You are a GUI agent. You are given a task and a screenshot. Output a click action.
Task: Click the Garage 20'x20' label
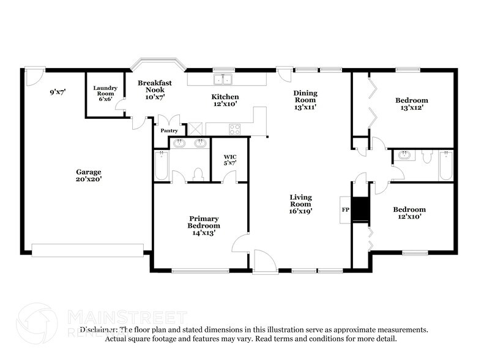pyautogui.click(x=89, y=176)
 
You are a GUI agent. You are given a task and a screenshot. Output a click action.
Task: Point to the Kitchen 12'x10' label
pyautogui.click(x=225, y=100)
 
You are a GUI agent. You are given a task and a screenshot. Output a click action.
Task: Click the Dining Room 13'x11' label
pyautogui.click(x=306, y=100)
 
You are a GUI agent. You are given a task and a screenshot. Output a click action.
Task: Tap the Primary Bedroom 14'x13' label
pyautogui.click(x=204, y=225)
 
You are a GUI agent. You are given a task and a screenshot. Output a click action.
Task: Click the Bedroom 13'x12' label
pyautogui.click(x=411, y=103)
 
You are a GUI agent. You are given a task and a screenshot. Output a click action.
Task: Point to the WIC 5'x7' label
pyautogui.click(x=229, y=160)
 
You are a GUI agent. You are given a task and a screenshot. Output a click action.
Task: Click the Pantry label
pyautogui.click(x=169, y=130)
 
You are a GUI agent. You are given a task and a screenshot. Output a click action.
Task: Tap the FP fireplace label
pyautogui.click(x=344, y=209)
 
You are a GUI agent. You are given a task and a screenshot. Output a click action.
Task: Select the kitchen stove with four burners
pyautogui.click(x=234, y=129)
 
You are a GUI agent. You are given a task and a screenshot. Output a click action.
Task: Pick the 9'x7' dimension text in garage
pyautogui.click(x=59, y=92)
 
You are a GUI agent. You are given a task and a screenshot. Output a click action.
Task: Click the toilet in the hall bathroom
pyautogui.click(x=427, y=156)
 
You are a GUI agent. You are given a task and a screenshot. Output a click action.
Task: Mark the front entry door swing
pyautogui.click(x=264, y=260)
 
